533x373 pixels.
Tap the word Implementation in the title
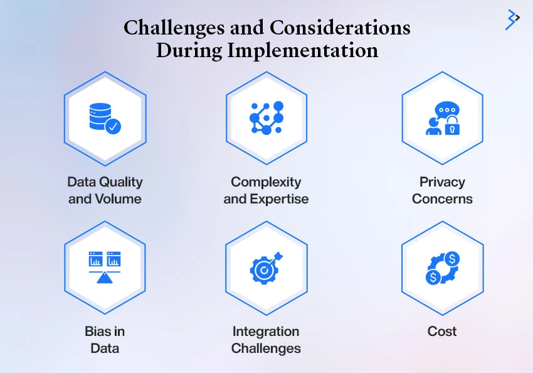302,50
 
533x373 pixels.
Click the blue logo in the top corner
512,19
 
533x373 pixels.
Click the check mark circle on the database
113,126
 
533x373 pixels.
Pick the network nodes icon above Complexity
266,118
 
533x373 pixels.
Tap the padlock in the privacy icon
452,126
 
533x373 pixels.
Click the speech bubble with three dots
447,110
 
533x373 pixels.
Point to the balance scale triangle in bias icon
104,278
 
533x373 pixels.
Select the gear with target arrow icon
266,268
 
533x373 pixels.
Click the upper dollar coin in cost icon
451,259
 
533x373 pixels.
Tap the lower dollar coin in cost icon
433,277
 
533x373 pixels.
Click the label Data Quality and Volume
105,190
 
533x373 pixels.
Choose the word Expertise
279,199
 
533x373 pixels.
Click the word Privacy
442,182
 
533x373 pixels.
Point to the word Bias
97,331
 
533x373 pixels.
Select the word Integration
266,332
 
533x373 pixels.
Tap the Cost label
442,331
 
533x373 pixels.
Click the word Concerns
442,199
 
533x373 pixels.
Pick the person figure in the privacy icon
433,127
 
